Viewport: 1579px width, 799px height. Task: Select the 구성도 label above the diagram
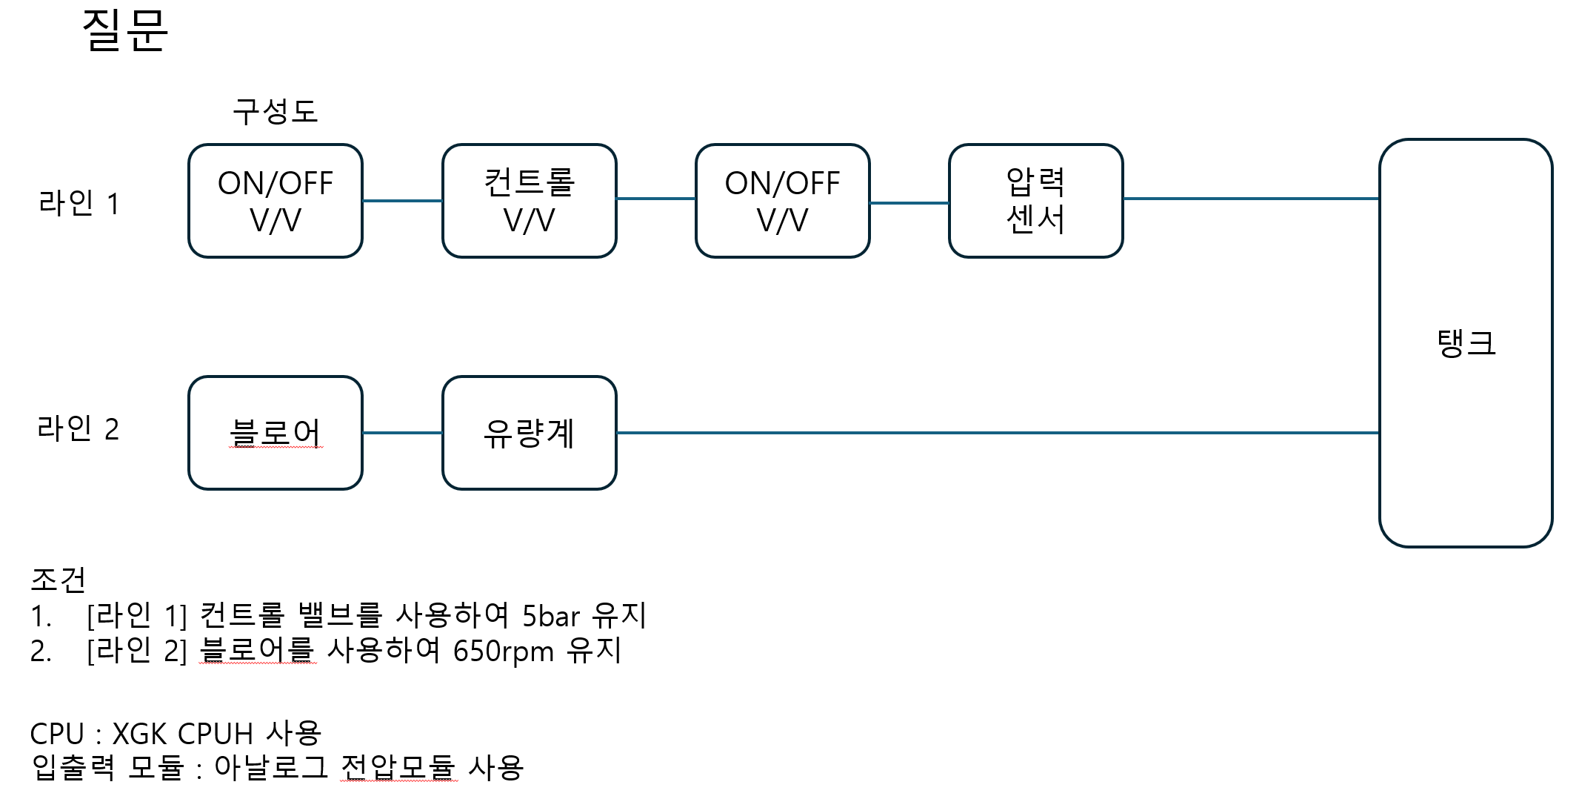(275, 111)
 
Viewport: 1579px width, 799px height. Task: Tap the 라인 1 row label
(79, 202)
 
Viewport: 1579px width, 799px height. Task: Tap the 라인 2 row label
(78, 428)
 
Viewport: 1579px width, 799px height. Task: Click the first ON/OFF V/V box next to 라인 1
(276, 201)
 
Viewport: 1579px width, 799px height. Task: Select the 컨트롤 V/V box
(529, 201)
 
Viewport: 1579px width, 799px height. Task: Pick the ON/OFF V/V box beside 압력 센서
(782, 201)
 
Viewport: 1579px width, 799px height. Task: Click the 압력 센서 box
(1035, 201)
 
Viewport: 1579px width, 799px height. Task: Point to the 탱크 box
(1465, 342)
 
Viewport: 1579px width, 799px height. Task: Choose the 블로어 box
(276, 433)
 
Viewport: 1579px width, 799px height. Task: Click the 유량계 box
(529, 433)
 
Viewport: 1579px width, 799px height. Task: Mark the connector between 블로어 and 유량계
(402, 433)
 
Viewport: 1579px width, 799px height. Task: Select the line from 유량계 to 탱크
(997, 433)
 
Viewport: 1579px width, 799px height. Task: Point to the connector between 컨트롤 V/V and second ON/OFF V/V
(655, 199)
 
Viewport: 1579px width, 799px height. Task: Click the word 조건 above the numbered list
(58, 579)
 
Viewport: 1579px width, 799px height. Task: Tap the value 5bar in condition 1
(550, 616)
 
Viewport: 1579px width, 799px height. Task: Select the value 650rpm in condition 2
(503, 652)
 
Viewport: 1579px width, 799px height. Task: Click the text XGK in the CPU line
(139, 734)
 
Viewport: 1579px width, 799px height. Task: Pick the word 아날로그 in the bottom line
(271, 767)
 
